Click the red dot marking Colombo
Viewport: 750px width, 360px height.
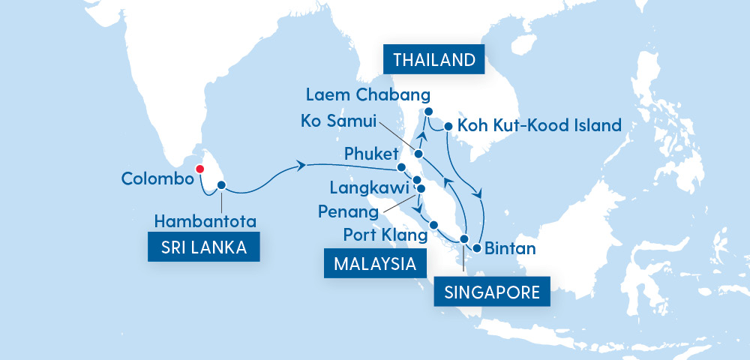pyautogui.click(x=199, y=169)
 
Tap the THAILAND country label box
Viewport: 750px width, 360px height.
pyautogui.click(x=433, y=61)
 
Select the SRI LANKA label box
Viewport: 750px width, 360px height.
pyautogui.click(x=204, y=247)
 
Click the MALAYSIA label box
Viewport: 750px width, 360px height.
pyautogui.click(x=371, y=264)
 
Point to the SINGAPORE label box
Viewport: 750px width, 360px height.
pyautogui.click(x=492, y=292)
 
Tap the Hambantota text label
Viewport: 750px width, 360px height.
pyautogui.click(x=205, y=221)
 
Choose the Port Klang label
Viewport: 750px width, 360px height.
pyautogui.click(x=385, y=235)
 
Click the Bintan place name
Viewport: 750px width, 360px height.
pyautogui.click(x=511, y=248)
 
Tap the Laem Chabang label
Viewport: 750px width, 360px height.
pyautogui.click(x=367, y=95)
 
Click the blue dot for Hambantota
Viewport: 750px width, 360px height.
pyautogui.click(x=221, y=184)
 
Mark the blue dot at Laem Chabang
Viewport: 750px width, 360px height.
pyautogui.click(x=429, y=112)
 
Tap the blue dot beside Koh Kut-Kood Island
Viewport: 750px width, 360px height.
pyautogui.click(x=448, y=126)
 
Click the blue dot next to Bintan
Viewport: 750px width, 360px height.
pyautogui.click(x=476, y=248)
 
